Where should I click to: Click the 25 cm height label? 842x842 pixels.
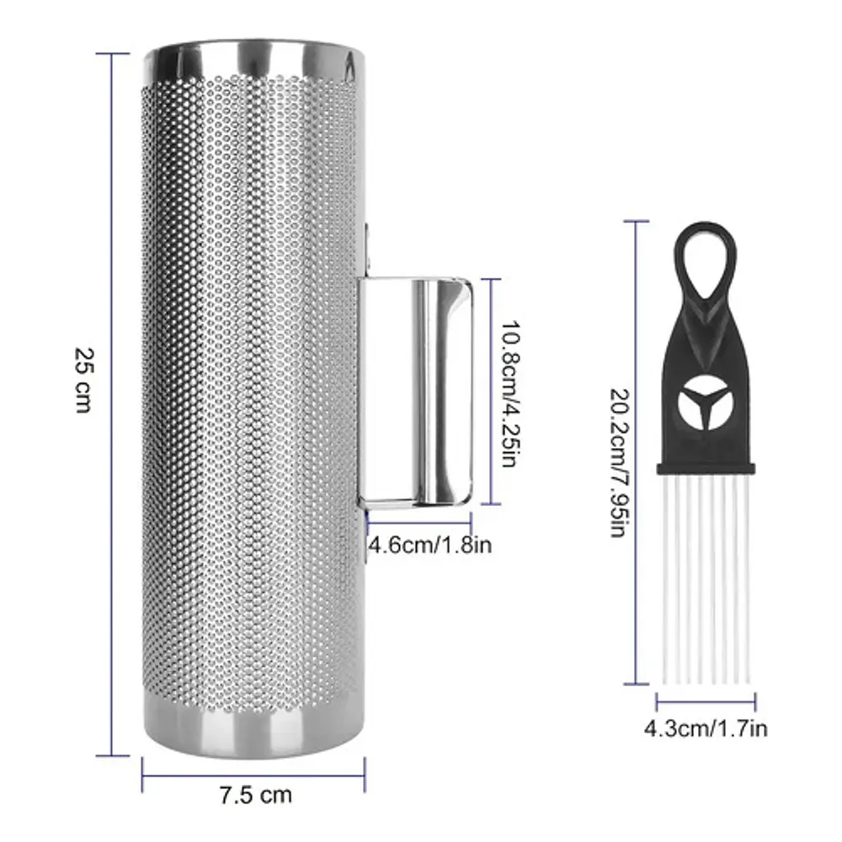tap(83, 380)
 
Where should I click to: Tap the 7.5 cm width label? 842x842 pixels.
tap(256, 795)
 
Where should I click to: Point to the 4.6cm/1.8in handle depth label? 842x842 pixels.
tap(429, 545)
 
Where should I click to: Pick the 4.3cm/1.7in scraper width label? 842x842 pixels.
tap(706, 728)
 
